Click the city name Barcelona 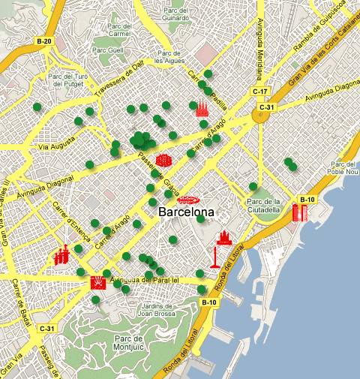(187, 212)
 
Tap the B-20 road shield (43, 41)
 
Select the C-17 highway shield (259, 92)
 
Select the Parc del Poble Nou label (344, 168)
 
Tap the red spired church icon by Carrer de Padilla (202, 108)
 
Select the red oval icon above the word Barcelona (188, 200)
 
